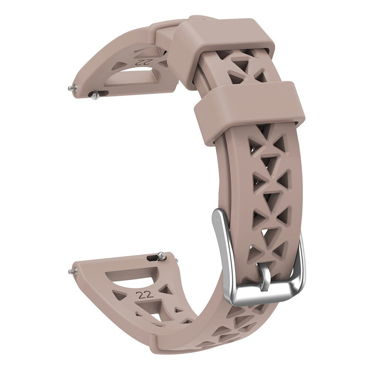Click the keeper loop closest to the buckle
(249, 105)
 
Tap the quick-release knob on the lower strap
(161, 255)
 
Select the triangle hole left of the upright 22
(120, 296)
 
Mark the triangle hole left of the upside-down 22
(118, 66)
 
